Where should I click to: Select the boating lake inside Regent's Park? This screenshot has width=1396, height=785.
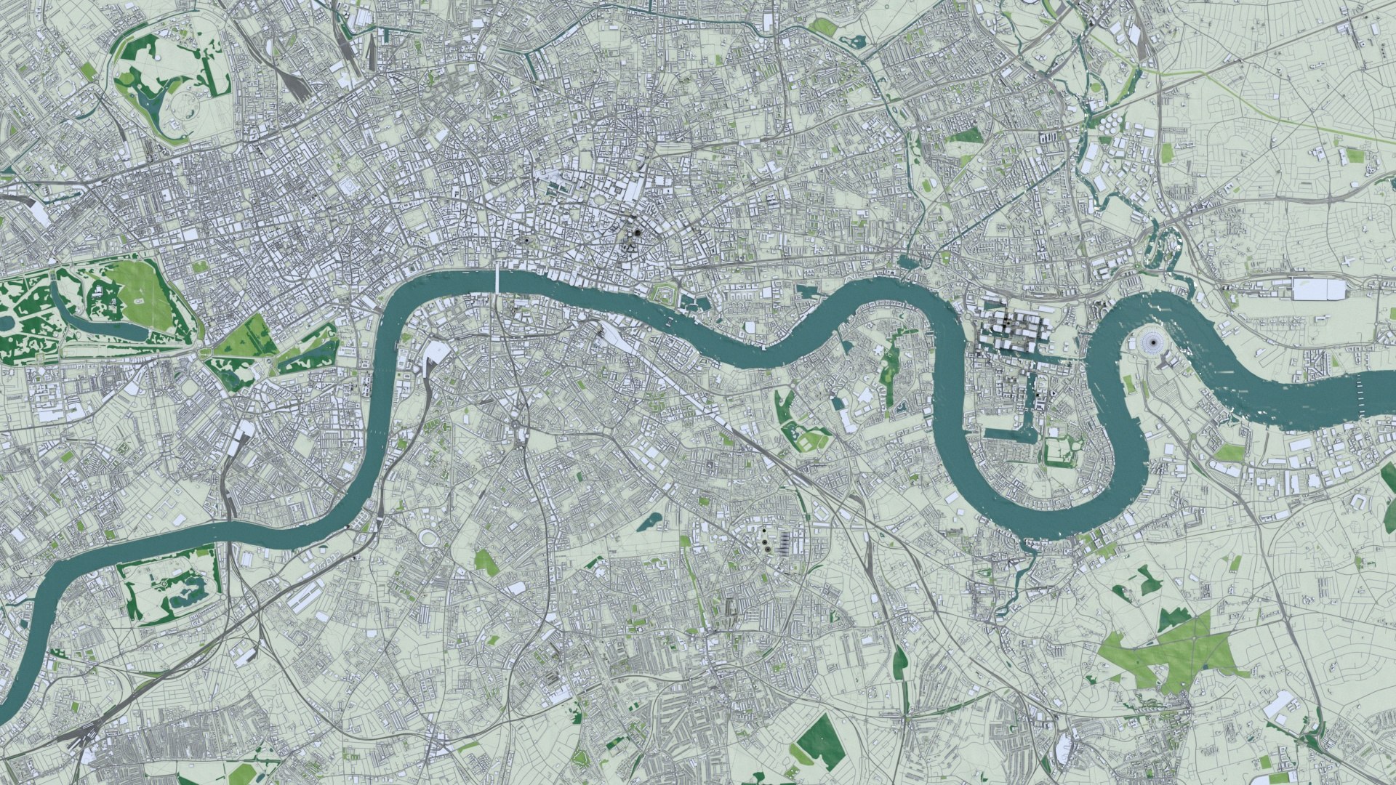(x=156, y=98)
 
